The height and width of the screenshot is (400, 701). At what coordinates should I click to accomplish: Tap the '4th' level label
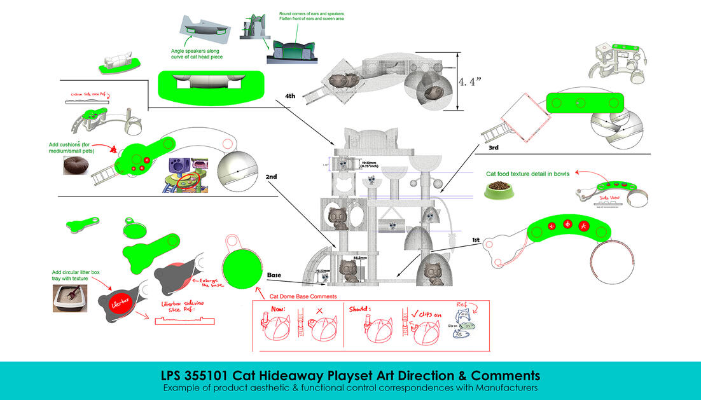click(290, 96)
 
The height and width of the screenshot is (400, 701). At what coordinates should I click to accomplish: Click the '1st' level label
click(475, 240)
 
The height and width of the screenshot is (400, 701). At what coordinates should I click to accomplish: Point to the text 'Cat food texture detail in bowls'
click(527, 172)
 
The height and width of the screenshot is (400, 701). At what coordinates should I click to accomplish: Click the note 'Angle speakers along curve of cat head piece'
click(197, 53)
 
